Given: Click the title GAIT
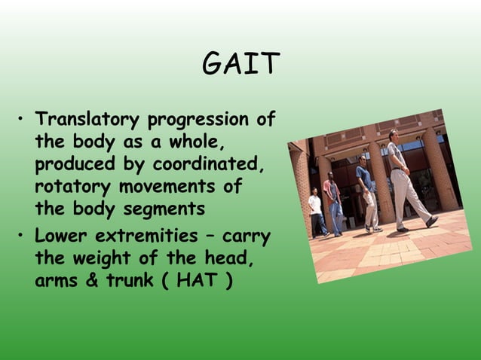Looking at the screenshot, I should pos(240,66).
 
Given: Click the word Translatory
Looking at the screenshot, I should pos(87,121).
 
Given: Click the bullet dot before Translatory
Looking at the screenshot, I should pos(23,121).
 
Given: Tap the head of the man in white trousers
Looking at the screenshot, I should pos(393,136).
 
